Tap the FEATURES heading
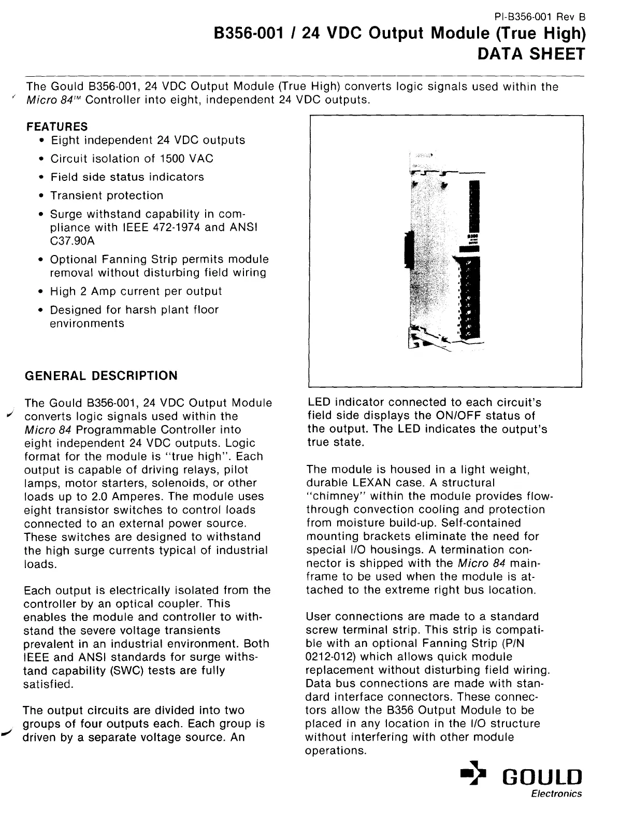pos(57,126)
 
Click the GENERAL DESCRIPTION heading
pos(101,375)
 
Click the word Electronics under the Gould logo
pos(556,794)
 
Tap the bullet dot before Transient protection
pos(41,196)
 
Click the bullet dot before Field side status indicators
pos(41,177)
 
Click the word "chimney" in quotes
pos(334,496)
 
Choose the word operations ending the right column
pos(336,751)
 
